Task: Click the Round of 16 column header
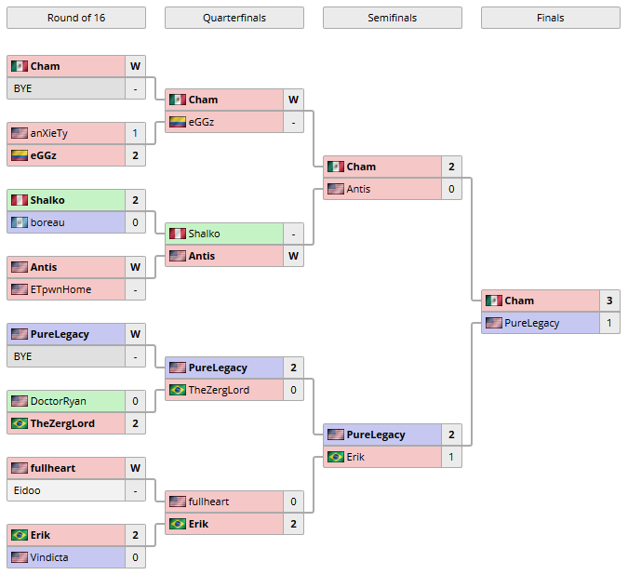coord(75,18)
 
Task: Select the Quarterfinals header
coord(234,18)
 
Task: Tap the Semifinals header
coord(392,18)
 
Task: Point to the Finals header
coord(550,18)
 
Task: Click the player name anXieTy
coord(48,133)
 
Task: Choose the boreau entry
coord(47,222)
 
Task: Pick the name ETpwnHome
coord(60,289)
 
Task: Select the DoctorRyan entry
coord(58,401)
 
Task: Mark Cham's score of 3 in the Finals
coord(609,301)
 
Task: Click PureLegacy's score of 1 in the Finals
coord(609,323)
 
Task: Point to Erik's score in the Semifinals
coord(451,457)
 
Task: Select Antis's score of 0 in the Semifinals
coord(451,189)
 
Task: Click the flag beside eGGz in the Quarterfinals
coord(177,122)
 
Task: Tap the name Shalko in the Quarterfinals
coord(204,234)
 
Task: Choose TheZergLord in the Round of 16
coord(62,423)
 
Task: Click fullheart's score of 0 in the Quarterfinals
coord(293,501)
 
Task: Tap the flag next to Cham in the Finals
coord(493,301)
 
